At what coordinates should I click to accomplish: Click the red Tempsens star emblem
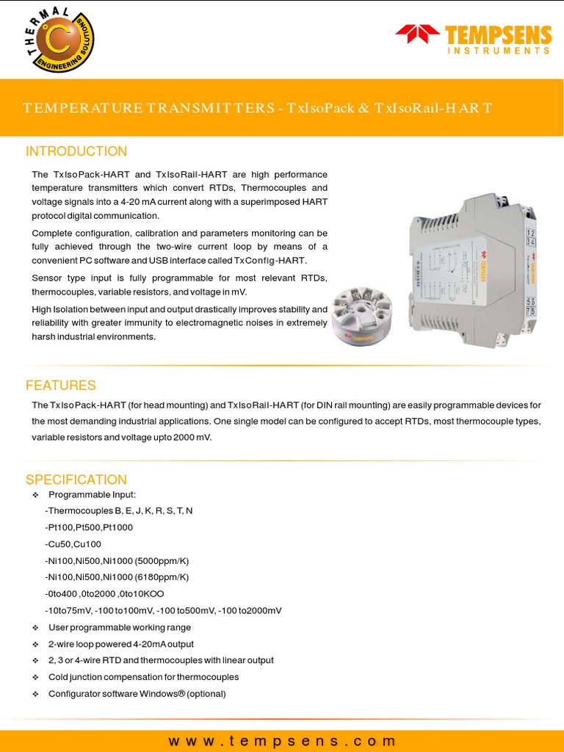pyautogui.click(x=416, y=34)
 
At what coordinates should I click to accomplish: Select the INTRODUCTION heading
pyautogui.click(x=76, y=151)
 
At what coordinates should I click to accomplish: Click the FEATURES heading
pyautogui.click(x=61, y=386)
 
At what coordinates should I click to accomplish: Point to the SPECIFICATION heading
pyautogui.click(x=76, y=480)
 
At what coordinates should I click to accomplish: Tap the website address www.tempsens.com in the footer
pyautogui.click(x=282, y=741)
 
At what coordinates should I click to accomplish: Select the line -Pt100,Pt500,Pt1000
pyautogui.click(x=89, y=527)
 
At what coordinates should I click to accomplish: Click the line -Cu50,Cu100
pyautogui.click(x=73, y=544)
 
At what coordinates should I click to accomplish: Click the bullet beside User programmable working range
pyautogui.click(x=35, y=628)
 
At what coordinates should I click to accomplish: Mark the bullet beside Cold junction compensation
pyautogui.click(x=35, y=677)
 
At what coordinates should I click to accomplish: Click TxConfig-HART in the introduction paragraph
pyautogui.click(x=270, y=261)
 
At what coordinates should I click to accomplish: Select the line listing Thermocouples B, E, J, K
pyautogui.click(x=119, y=510)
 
